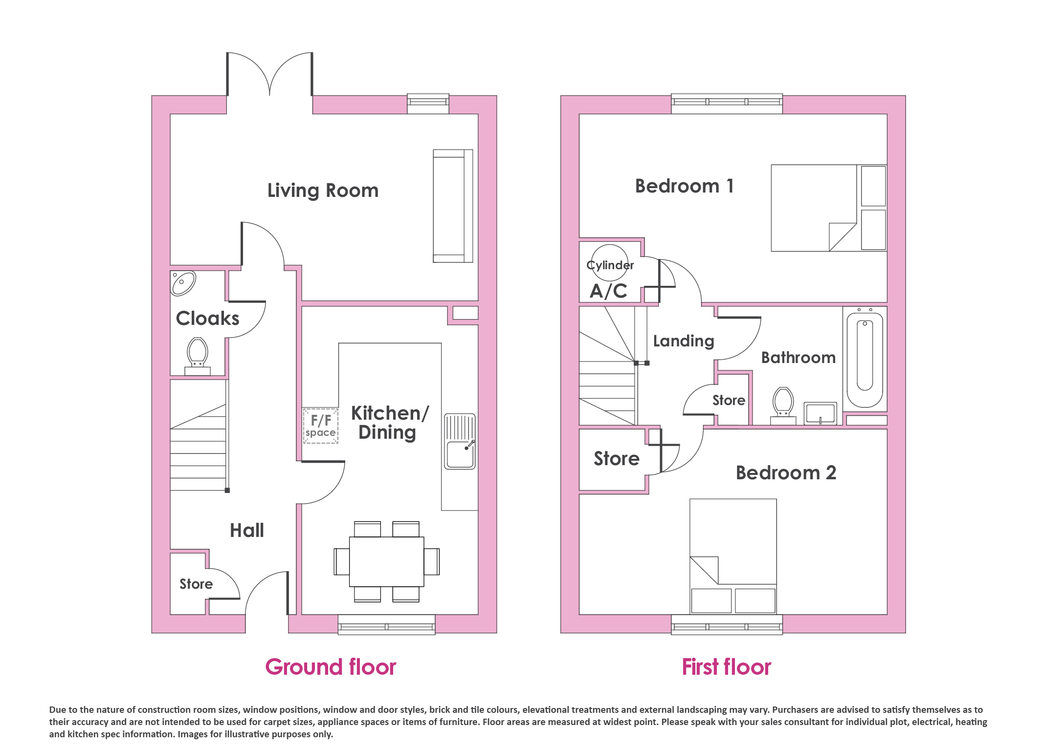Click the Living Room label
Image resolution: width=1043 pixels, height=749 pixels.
coord(323,191)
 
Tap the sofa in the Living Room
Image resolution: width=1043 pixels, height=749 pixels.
coord(453,206)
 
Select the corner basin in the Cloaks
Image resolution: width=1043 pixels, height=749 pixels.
coord(183,283)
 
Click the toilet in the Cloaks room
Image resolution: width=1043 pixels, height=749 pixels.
coord(198,356)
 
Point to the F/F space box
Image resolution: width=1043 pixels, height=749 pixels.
coord(321,426)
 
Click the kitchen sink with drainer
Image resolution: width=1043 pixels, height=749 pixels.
coord(460,442)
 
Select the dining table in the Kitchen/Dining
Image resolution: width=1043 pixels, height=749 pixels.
coord(386,561)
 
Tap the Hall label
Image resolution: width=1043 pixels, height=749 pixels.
coord(247,531)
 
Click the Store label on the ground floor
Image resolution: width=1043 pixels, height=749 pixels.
coord(196,584)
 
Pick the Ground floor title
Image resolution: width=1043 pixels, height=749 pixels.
coord(331,667)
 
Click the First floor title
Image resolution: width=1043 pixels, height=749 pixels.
coord(727,667)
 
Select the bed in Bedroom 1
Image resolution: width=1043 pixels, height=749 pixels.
coord(829,208)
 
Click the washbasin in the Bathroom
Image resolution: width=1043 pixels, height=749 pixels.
coord(821,413)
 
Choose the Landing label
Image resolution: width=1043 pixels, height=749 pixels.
coord(684,341)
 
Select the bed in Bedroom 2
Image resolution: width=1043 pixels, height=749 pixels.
coord(733,556)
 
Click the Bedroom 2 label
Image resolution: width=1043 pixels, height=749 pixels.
coord(786,473)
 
